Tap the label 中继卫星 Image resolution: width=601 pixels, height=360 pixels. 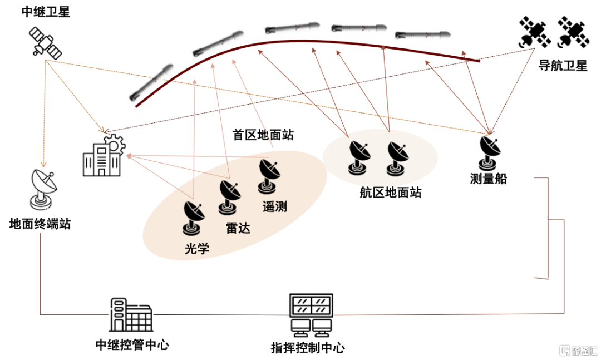[x=46, y=12]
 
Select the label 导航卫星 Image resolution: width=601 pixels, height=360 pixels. [x=563, y=66]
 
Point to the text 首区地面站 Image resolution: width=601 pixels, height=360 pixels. [x=263, y=134]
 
